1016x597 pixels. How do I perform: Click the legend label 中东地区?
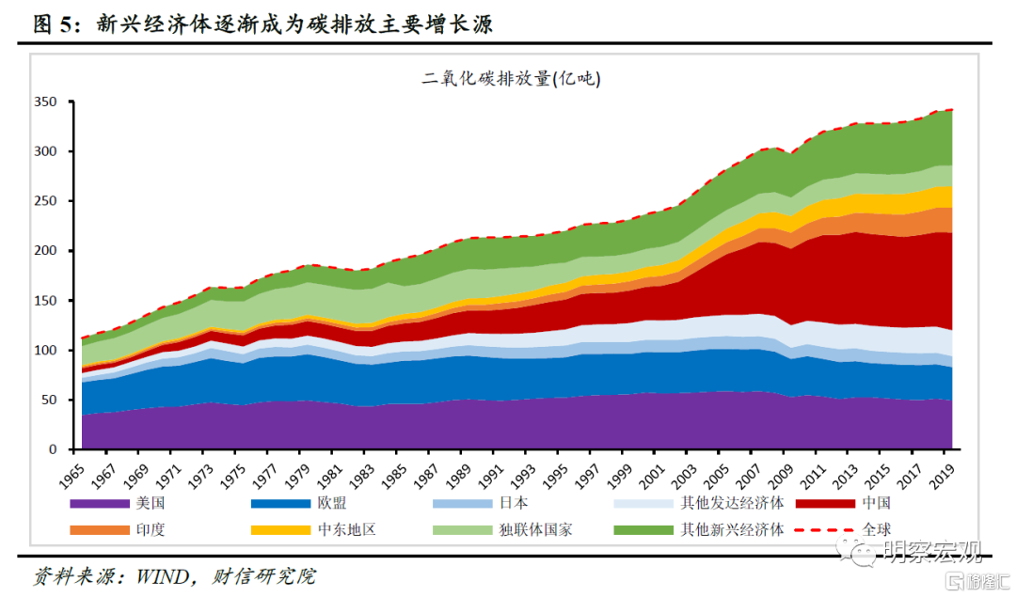coord(348,529)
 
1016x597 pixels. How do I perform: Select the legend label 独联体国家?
coord(536,529)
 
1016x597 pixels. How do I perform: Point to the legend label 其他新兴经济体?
coord(732,529)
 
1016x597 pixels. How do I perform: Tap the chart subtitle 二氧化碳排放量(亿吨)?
coord(511,79)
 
